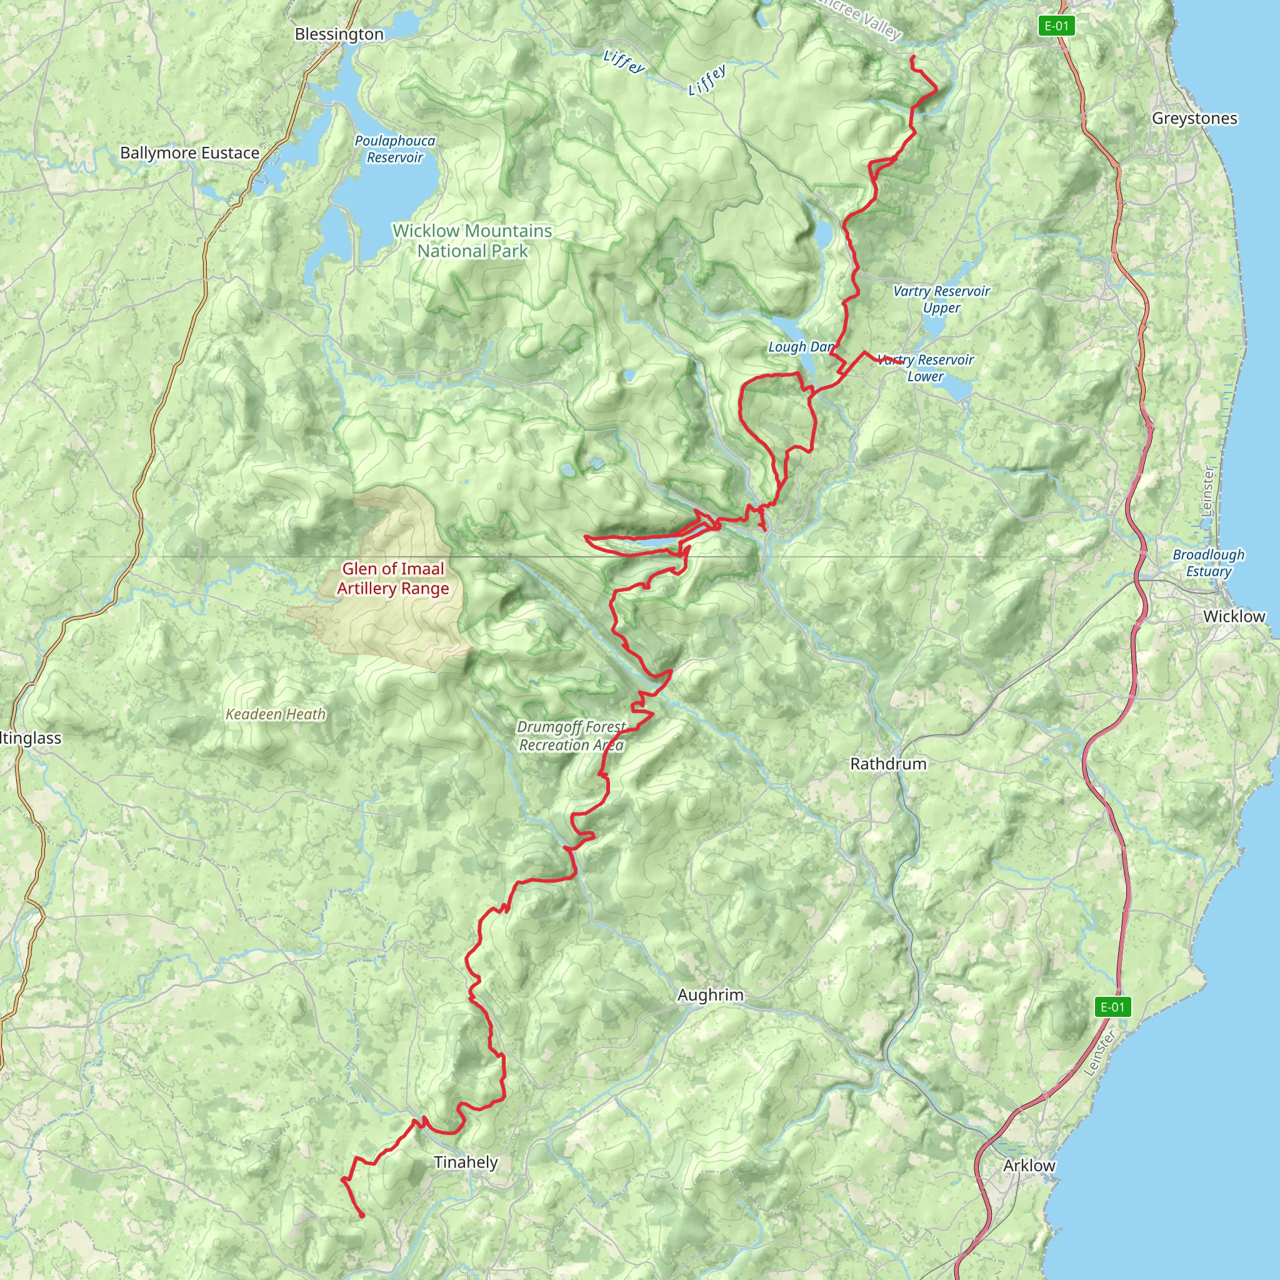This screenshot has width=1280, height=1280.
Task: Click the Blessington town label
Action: click(x=339, y=34)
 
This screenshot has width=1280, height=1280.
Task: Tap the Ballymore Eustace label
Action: click(x=189, y=153)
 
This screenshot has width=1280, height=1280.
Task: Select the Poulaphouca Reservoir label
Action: click(x=395, y=149)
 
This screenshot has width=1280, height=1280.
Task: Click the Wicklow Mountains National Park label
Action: click(x=472, y=241)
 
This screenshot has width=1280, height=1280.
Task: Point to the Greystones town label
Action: click(x=1194, y=119)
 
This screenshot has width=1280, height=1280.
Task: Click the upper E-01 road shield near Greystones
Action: click(x=1056, y=26)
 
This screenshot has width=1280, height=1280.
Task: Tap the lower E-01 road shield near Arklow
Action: click(x=1112, y=1007)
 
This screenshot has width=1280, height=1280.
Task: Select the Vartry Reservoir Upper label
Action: click(x=941, y=299)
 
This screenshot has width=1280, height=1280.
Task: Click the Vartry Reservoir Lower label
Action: click(x=926, y=368)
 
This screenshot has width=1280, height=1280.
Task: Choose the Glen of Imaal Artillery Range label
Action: click(x=393, y=578)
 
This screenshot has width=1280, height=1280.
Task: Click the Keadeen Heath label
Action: click(x=276, y=714)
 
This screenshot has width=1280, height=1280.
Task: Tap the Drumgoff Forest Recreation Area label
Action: click(x=571, y=736)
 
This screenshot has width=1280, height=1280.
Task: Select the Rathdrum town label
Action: click(x=887, y=764)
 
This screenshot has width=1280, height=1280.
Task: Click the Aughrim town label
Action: click(x=710, y=995)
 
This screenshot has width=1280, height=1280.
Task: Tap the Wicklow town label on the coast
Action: click(x=1234, y=616)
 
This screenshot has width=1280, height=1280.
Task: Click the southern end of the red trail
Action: click(x=362, y=1216)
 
